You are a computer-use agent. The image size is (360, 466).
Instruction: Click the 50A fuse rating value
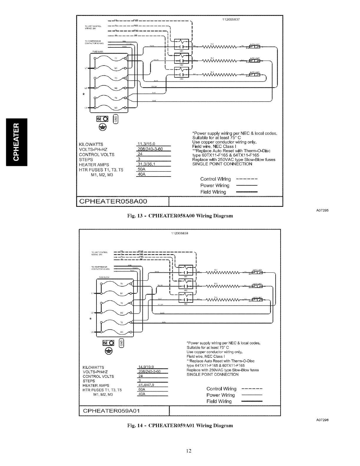[x=142, y=169]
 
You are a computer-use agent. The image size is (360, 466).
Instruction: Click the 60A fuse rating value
[x=141, y=390]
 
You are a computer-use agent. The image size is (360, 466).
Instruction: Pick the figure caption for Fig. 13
[x=180, y=216]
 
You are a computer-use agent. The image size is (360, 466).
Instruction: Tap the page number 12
[x=180, y=451]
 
